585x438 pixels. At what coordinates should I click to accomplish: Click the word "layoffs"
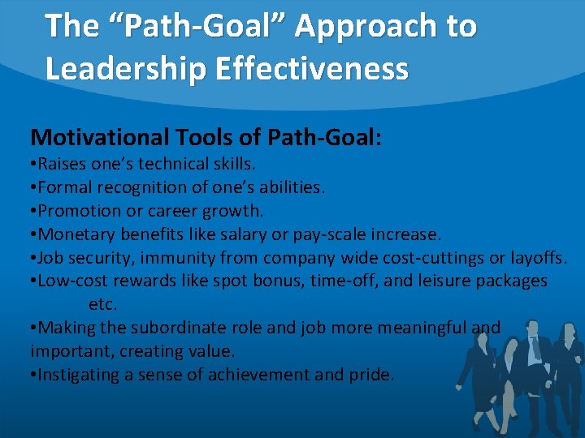[537, 258]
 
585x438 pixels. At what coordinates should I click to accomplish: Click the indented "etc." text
[103, 305]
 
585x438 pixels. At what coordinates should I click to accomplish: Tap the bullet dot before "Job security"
[33, 258]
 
